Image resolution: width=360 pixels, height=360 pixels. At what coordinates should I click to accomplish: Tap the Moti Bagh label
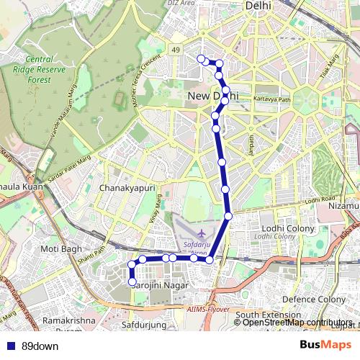coord(58,249)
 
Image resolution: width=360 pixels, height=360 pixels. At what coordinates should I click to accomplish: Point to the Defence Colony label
coord(309,299)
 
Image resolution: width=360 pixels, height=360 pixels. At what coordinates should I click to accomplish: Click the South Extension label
coord(267,315)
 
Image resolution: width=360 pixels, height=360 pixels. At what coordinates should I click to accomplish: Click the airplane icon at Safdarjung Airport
coord(201,234)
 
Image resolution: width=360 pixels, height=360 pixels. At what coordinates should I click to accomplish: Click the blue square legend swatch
coord(9,346)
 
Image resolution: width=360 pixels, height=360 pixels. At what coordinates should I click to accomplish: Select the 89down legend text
coord(40,346)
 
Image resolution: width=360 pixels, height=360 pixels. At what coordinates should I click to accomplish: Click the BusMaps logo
coord(326,345)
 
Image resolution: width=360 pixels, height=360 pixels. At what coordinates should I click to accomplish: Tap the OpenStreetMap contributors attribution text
coord(297,323)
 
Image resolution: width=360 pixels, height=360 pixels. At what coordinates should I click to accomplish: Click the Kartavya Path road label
coord(271,100)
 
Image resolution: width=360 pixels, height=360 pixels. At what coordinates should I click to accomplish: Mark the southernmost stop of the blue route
coord(132,282)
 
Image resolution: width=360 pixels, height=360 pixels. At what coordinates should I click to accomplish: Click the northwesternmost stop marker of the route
coord(201,59)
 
